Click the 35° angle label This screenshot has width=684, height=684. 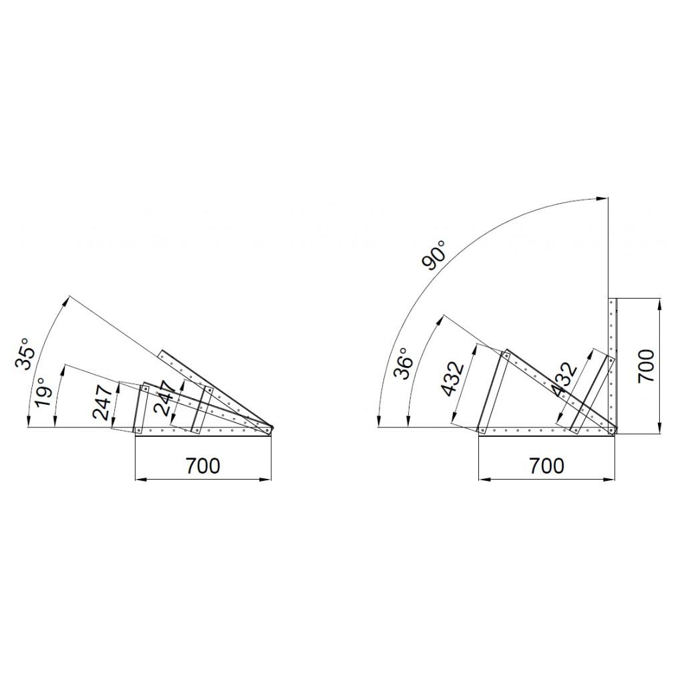tap(24, 353)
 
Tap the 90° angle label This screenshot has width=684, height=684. tap(434, 255)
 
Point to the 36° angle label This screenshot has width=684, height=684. tap(403, 363)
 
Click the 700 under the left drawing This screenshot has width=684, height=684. tap(203, 466)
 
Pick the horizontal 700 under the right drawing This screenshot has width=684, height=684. tap(546, 466)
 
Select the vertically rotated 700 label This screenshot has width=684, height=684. tap(646, 365)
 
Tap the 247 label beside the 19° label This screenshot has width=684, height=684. tap(103, 401)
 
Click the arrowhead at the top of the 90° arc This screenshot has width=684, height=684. tap(603, 198)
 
